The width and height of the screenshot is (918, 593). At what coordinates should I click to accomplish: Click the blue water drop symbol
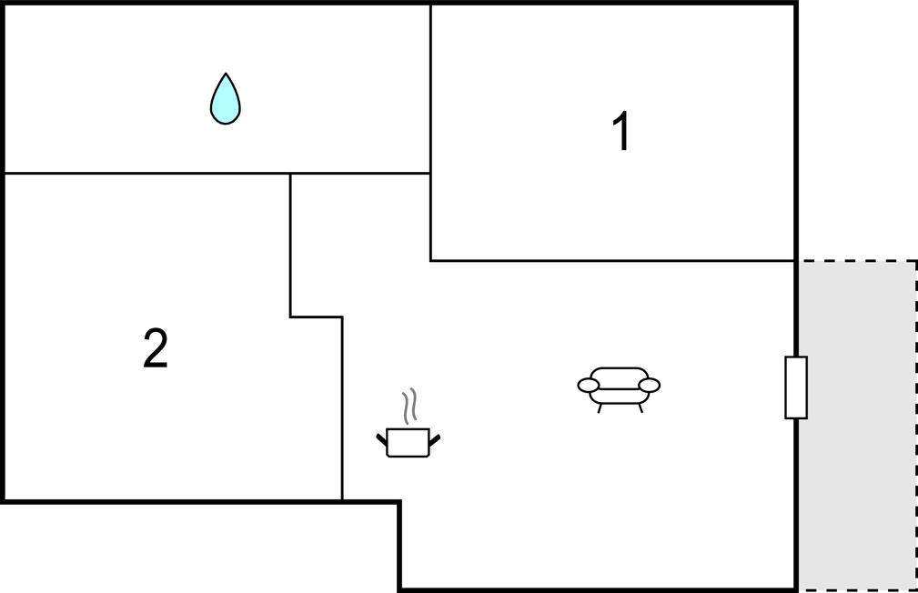226,99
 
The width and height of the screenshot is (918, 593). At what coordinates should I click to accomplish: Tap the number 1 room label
621,131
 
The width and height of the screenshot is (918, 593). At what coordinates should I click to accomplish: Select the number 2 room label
156,348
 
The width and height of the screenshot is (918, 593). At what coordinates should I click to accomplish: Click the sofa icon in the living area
619,388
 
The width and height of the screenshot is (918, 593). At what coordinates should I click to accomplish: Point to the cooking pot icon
409,442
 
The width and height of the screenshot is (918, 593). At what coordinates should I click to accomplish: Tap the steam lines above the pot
409,406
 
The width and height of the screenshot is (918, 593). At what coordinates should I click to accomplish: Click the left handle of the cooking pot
382,439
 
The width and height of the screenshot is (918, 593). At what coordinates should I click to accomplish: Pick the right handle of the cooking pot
434,439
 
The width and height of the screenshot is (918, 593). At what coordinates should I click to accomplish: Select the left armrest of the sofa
589,386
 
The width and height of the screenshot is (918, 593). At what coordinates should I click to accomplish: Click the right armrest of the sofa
650,386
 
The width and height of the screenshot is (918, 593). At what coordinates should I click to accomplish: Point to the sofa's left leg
599,408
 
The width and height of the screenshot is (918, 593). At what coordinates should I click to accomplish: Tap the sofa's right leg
640,408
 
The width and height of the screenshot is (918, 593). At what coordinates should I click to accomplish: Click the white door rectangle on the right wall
796,387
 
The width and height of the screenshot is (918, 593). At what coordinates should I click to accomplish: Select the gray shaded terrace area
857,426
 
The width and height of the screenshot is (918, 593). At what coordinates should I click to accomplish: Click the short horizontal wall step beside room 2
316,317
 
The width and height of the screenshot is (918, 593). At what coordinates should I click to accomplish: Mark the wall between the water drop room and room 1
431,89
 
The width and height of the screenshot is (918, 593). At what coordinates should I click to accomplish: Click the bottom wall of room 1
612,260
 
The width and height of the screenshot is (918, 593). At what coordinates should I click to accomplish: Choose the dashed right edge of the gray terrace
916,426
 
